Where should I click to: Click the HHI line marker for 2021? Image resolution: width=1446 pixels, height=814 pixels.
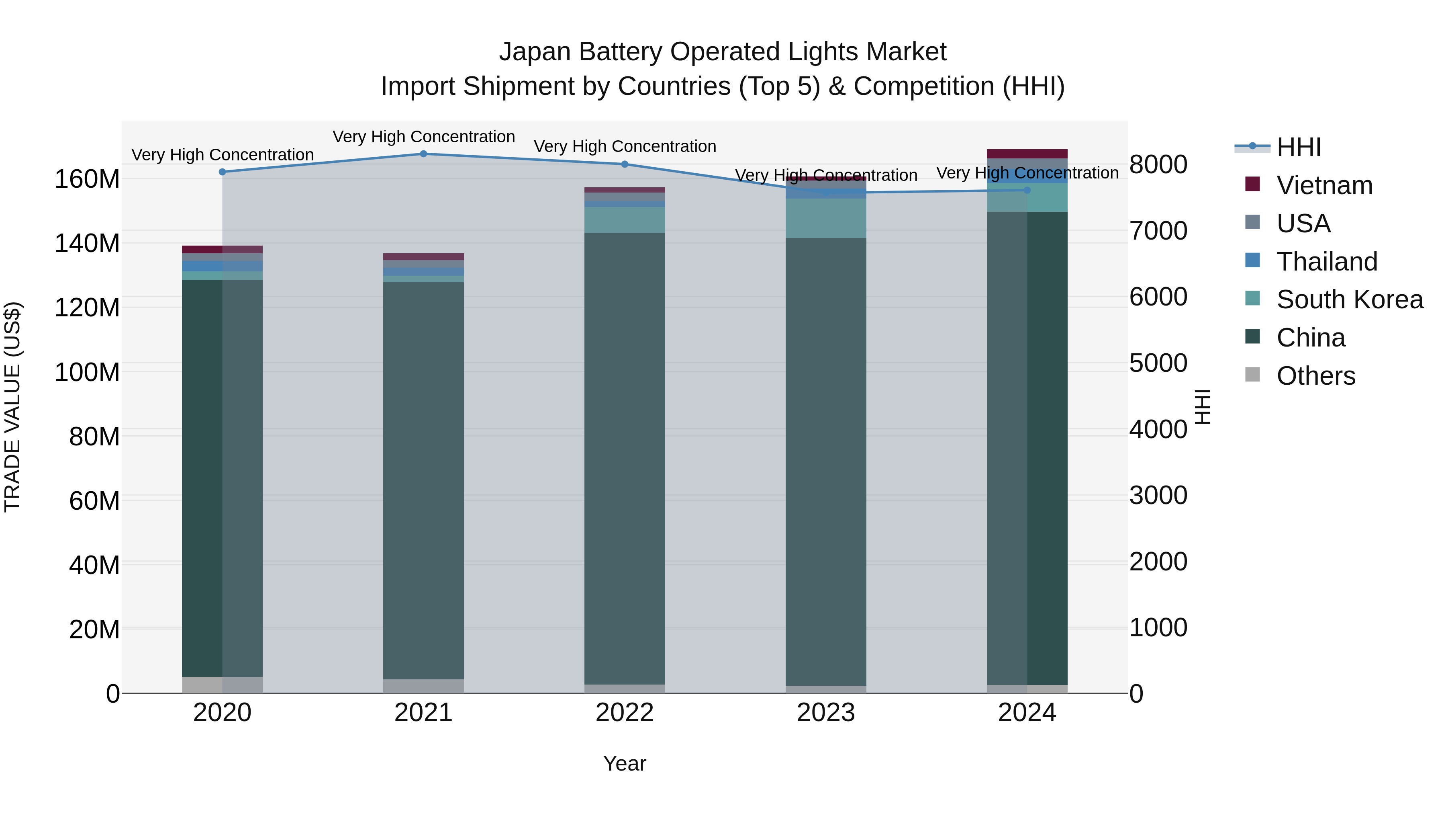pyautogui.click(x=423, y=154)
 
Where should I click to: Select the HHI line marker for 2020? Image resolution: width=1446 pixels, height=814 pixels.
pyautogui.click(x=222, y=172)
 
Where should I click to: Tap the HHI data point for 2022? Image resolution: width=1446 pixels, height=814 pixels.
pyautogui.click(x=625, y=164)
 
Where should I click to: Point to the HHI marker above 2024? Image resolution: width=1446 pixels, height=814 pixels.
pyautogui.click(x=1027, y=190)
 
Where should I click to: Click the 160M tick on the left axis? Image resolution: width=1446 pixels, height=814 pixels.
pyautogui.click(x=87, y=180)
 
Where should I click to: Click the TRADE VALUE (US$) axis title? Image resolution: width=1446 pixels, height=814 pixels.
pyautogui.click(x=12, y=407)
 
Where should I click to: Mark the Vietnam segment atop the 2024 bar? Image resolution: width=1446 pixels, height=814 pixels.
pyautogui.click(x=1027, y=154)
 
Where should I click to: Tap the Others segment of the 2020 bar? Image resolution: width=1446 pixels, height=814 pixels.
pyautogui.click(x=222, y=685)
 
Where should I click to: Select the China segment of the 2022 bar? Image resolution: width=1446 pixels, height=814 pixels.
pyautogui.click(x=625, y=458)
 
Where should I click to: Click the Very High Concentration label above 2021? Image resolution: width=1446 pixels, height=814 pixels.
pyautogui.click(x=423, y=137)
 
